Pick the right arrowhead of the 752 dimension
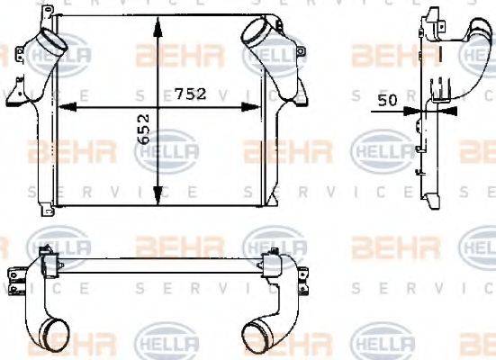click(x=257, y=107)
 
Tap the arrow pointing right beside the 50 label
click(x=412, y=111)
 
